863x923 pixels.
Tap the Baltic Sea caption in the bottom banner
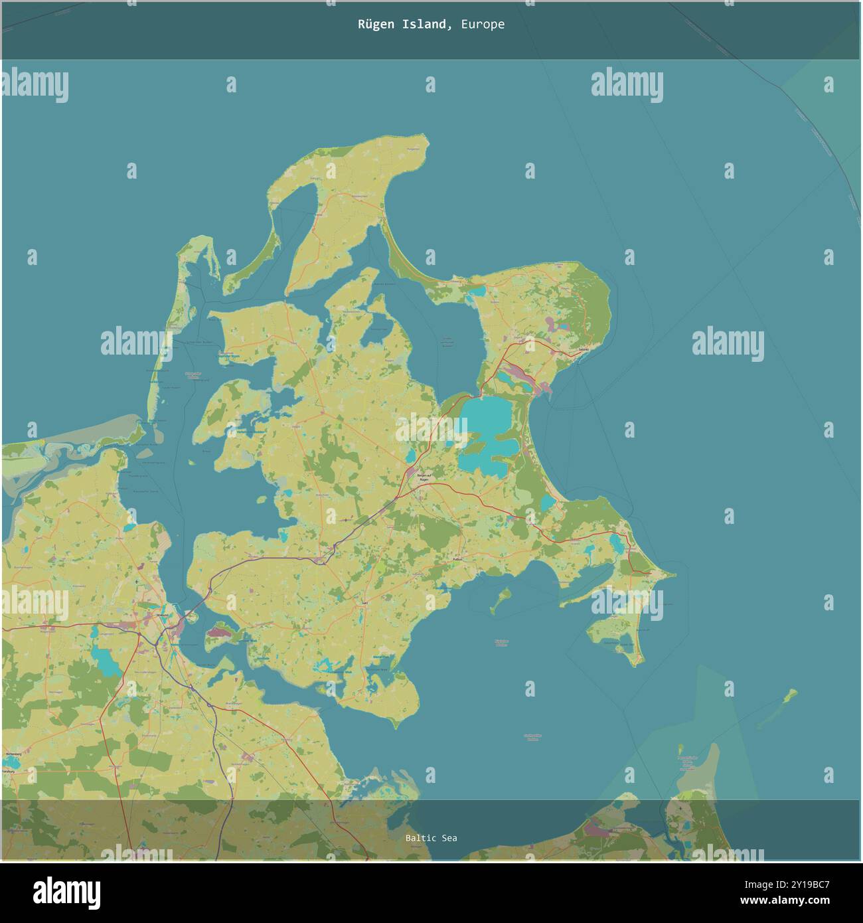[431, 838]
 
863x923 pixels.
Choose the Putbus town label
[456, 560]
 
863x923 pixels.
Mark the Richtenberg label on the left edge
[13, 755]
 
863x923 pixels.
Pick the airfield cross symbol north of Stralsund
[137, 582]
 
